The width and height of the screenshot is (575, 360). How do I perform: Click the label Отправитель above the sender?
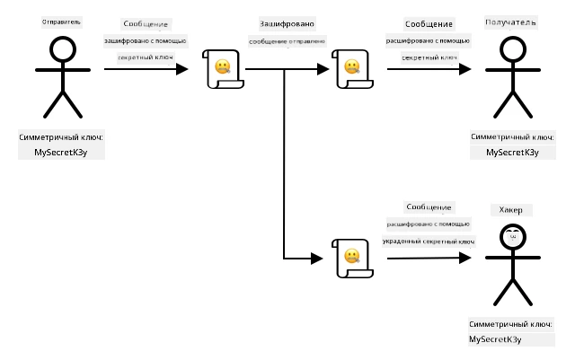61,22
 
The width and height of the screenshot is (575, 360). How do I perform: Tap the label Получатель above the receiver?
510,22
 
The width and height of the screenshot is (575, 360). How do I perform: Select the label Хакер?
510,210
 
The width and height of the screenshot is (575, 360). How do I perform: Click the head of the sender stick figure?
63,49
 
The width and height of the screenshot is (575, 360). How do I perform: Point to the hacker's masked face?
513,237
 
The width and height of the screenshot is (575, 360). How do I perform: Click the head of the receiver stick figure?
513,49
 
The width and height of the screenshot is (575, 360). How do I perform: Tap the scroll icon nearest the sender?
223,69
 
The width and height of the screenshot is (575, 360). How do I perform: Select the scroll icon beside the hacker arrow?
352,258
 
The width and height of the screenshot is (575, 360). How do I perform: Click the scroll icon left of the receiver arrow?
352,69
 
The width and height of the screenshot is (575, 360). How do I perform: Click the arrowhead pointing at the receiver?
465,69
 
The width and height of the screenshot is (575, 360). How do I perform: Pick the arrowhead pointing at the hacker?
465,258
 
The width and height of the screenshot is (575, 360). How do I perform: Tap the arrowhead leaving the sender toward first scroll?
181,69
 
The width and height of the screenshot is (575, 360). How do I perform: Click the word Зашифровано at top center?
287,24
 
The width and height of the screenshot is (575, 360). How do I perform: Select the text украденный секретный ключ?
429,241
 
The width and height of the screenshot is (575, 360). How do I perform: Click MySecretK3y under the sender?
61,152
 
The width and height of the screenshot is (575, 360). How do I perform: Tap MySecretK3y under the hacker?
495,339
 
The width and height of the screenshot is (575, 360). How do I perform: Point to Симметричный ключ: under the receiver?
512,136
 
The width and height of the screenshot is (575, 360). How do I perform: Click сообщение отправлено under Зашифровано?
287,41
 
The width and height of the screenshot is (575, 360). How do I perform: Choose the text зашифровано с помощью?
146,40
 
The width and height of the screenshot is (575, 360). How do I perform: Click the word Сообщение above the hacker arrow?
429,207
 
